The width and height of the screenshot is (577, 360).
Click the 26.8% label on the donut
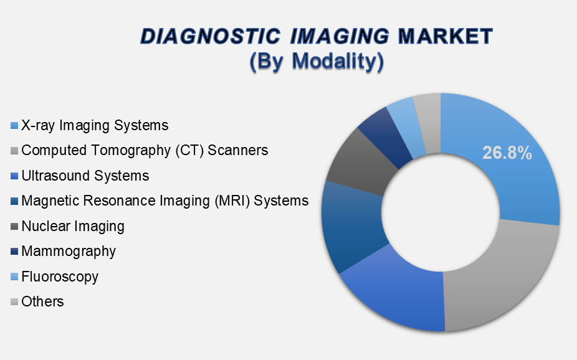click(x=507, y=153)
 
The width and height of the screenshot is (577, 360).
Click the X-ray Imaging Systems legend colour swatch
click(x=14, y=126)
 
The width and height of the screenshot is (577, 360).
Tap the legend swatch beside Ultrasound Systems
click(x=14, y=176)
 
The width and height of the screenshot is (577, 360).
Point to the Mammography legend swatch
click(x=14, y=252)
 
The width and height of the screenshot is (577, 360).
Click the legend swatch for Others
click(x=14, y=302)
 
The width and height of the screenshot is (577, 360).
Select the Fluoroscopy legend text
click(x=60, y=277)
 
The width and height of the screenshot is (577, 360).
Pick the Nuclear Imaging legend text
click(x=73, y=226)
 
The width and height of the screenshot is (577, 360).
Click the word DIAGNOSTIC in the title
click(x=211, y=36)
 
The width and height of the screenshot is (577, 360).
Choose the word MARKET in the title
click(x=446, y=36)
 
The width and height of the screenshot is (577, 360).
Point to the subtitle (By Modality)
click(x=317, y=61)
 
